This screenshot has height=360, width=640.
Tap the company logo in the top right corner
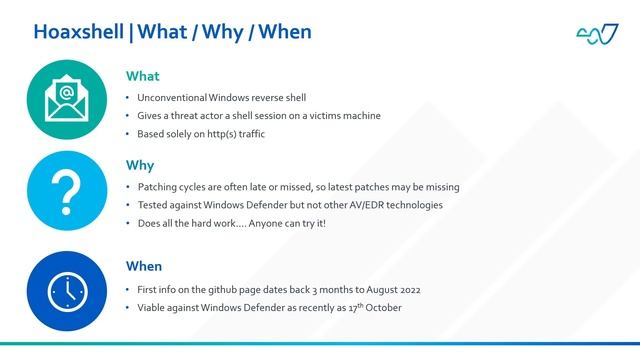[597, 34]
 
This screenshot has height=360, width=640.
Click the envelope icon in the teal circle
[67, 100]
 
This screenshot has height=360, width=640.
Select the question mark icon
[67, 191]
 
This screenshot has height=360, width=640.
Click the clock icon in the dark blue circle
[67, 290]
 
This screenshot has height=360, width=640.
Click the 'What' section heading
[142, 76]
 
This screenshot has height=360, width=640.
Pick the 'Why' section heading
[139, 165]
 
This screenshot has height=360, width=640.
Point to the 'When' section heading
[145, 266]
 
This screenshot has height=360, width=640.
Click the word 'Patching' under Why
[158, 187]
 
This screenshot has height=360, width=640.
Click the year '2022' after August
[408, 289]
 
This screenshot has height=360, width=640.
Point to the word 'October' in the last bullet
[382, 307]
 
